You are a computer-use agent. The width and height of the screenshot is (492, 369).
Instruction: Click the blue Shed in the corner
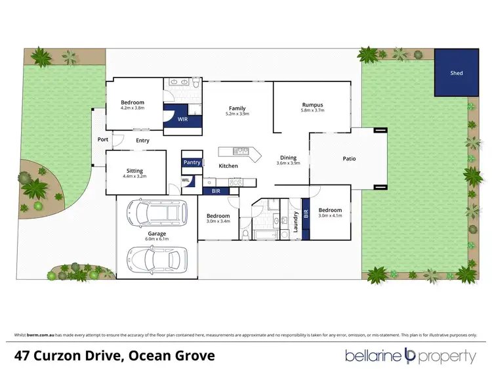click(456, 73)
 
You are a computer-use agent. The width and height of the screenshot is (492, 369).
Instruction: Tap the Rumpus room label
click(312, 105)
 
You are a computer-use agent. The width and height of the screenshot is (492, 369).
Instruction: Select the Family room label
click(237, 108)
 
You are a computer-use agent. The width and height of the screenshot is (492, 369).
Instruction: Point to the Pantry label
click(192, 162)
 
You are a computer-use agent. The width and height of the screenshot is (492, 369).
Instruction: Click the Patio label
click(349, 158)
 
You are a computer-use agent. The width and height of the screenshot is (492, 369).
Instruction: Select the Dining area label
click(288, 158)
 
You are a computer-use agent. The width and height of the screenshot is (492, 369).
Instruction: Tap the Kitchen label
click(228, 166)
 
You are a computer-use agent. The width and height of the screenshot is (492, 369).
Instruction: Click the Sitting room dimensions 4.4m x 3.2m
click(134, 177)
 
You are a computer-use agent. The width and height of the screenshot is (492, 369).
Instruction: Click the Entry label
click(142, 141)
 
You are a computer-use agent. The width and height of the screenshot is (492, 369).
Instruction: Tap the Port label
click(102, 139)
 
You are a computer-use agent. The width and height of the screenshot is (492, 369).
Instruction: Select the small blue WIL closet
click(186, 179)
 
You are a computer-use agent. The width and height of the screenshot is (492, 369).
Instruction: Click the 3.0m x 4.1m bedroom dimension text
click(331, 216)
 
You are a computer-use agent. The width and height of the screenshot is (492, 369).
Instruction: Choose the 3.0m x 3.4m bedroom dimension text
click(218, 222)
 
